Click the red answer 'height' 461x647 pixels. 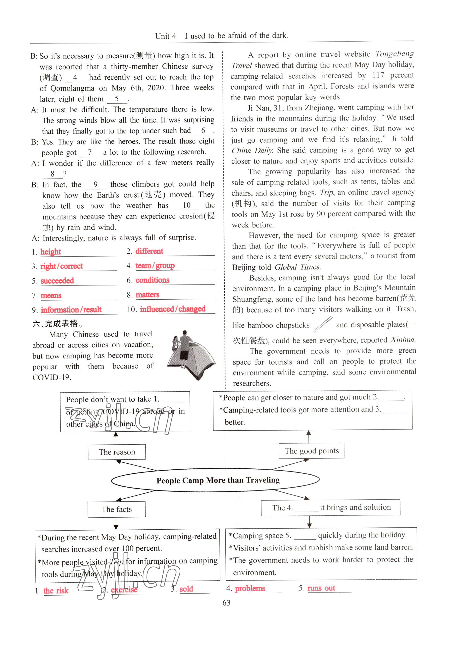(x=51, y=252)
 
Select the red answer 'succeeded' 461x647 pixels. (x=57, y=281)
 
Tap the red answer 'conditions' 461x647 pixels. (x=153, y=280)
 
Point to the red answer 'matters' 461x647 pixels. (x=147, y=295)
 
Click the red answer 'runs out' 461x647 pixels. (x=321, y=588)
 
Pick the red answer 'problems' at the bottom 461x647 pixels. (x=250, y=588)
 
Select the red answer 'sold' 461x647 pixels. (x=186, y=589)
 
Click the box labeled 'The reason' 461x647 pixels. (x=117, y=452)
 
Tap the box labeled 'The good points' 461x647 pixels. (x=311, y=451)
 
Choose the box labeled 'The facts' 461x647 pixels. (x=116, y=509)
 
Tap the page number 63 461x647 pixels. (x=226, y=603)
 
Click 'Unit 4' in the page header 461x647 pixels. (x=165, y=36)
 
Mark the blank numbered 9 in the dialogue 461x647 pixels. (x=96, y=185)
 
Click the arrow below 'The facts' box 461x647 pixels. (x=116, y=524)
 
